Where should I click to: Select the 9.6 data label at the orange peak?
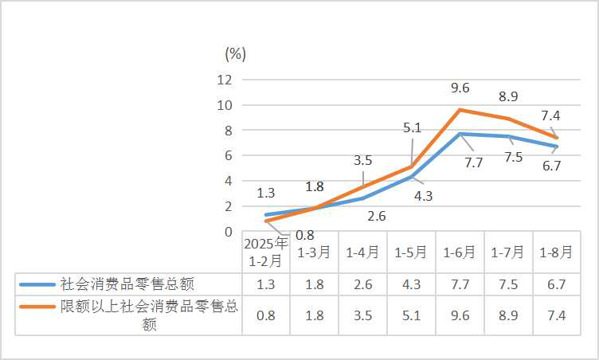(460, 88)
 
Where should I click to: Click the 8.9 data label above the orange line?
(508, 96)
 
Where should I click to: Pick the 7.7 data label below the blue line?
(474, 162)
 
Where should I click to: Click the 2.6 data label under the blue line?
(377, 216)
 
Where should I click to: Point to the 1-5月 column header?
(411, 252)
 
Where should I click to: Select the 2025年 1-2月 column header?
(265, 252)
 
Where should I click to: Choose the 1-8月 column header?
(556, 252)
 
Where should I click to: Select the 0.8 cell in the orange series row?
(265, 315)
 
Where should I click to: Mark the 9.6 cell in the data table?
(460, 315)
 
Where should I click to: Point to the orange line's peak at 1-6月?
(460, 110)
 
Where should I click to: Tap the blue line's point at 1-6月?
(460, 134)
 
